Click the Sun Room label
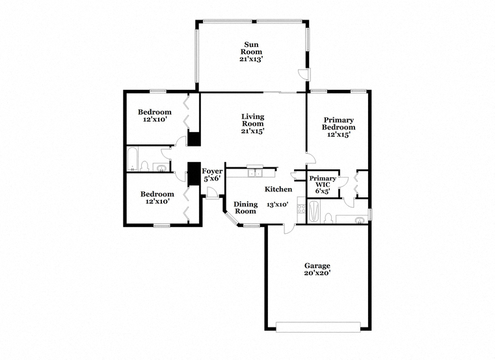(x=252, y=48)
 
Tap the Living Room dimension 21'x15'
(x=252, y=131)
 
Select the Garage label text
(x=317, y=266)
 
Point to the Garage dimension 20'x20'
(x=317, y=273)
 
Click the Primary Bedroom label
(x=338, y=124)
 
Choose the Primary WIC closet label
(x=323, y=182)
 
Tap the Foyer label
(x=212, y=171)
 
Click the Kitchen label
(x=278, y=189)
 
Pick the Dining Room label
(x=246, y=208)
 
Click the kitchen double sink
(x=255, y=173)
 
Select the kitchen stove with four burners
(x=301, y=209)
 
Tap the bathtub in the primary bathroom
(x=314, y=212)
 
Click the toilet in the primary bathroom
(x=328, y=218)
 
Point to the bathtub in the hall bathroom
(x=132, y=159)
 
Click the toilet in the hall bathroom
(x=144, y=166)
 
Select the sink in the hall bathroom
(x=161, y=168)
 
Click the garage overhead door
(x=318, y=327)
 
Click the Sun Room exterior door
(x=304, y=74)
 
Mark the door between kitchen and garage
(x=289, y=228)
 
